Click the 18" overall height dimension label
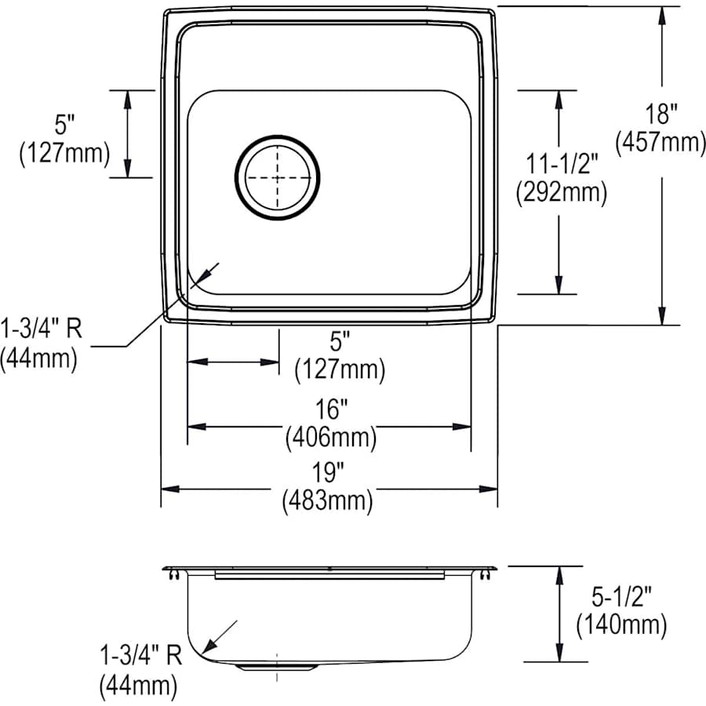click(663, 115)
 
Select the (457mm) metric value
click(660, 142)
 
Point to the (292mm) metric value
click(561, 192)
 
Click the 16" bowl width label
click(330, 409)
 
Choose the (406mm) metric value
click(330, 436)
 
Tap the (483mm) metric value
click(327, 500)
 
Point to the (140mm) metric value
click(620, 624)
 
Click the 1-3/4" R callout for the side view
click(140, 656)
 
